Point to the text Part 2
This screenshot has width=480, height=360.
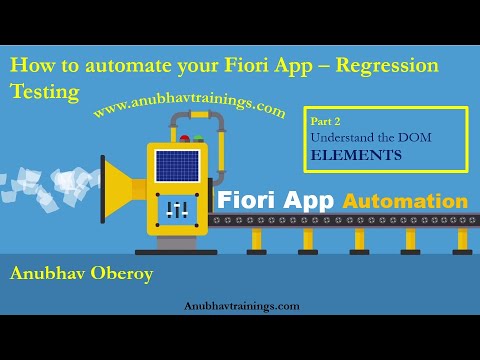tap(329, 121)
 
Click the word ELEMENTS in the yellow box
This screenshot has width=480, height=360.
tap(356, 155)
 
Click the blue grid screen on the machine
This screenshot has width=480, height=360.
tap(177, 166)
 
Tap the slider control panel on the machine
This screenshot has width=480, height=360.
tap(177, 209)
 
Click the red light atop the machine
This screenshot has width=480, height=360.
tap(184, 137)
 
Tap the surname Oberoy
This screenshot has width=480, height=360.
tap(125, 272)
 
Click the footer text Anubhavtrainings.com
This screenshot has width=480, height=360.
tap(241, 307)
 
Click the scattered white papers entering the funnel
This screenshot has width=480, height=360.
tap(40, 190)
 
